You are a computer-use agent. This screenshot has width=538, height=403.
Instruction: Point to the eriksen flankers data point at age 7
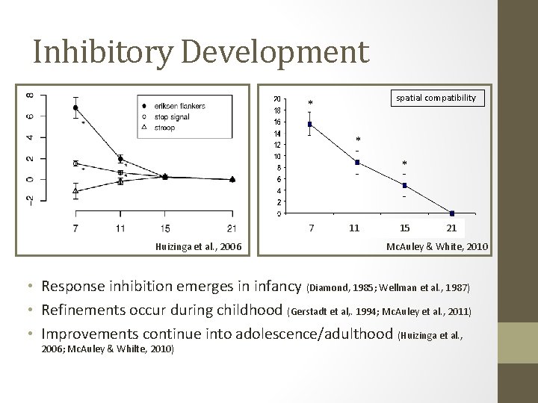(x=75, y=108)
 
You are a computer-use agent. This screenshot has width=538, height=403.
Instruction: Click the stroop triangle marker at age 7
(x=75, y=191)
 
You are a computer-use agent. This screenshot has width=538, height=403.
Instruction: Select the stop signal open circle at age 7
(x=75, y=163)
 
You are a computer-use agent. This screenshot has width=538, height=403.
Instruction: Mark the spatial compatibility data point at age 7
(x=310, y=124)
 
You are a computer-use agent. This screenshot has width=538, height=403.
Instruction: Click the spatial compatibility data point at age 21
(x=451, y=213)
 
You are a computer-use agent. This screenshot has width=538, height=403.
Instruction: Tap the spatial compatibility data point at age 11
(x=357, y=162)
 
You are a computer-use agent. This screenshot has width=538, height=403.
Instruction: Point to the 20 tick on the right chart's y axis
(x=277, y=99)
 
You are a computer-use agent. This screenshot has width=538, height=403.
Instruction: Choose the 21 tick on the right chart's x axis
(x=451, y=227)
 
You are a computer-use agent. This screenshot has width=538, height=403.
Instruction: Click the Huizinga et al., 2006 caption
(x=198, y=246)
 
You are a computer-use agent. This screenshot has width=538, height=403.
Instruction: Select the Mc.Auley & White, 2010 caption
(x=436, y=246)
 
